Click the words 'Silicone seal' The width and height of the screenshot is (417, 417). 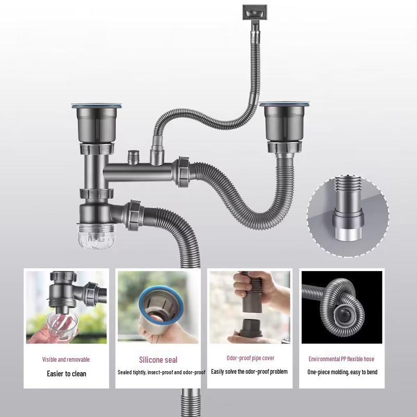(158, 360)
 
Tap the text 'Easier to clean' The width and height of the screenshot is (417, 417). (67, 373)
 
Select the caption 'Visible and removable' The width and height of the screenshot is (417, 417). (66, 359)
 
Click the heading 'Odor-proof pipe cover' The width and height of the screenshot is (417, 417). (250, 358)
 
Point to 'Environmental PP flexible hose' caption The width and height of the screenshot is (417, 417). (341, 359)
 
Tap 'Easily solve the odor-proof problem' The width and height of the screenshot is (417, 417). (250, 372)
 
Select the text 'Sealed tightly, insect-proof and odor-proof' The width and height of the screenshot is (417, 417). (162, 372)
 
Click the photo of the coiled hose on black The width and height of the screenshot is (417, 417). (341, 307)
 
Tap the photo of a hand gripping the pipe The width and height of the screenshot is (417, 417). (250, 307)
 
